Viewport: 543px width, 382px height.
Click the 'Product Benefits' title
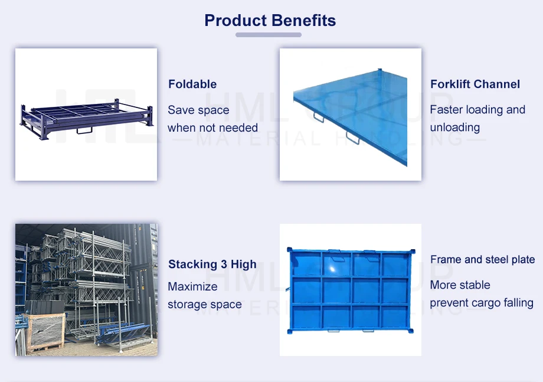(x=270, y=21)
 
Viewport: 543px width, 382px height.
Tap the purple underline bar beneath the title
(x=269, y=35)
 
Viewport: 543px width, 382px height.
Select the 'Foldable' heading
(x=192, y=84)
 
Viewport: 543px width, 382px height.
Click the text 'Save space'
(x=198, y=110)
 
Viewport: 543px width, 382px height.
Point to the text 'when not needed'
(x=212, y=128)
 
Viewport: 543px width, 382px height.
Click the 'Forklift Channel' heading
(x=475, y=84)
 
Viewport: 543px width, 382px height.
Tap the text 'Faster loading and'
(x=477, y=109)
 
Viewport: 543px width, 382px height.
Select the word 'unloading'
(x=454, y=127)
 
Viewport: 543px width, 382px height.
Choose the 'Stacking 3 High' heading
(x=212, y=264)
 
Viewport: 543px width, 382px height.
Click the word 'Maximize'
(x=192, y=286)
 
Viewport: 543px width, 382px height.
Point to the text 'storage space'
(x=204, y=305)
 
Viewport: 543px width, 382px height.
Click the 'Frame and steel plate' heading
(x=482, y=259)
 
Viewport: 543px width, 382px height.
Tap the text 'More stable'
(x=460, y=285)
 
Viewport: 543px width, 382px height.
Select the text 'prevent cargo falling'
(x=482, y=303)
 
